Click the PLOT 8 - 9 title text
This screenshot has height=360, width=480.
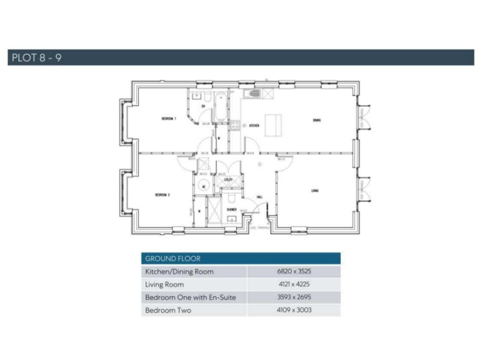click(x=36, y=58)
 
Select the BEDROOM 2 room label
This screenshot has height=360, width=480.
click(x=162, y=195)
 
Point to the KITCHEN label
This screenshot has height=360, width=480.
click(x=254, y=126)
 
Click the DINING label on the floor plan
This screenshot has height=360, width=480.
click(x=317, y=121)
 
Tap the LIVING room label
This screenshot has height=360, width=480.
click(x=314, y=191)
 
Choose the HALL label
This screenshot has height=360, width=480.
click(x=259, y=196)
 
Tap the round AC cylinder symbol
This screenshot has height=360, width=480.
click(x=204, y=186)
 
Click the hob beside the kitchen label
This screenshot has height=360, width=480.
click(x=235, y=125)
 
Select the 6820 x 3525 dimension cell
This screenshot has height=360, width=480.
click(x=293, y=272)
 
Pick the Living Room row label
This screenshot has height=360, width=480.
click(x=164, y=284)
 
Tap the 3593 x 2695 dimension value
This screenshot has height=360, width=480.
click(x=293, y=297)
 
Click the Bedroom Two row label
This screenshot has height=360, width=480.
click(x=168, y=310)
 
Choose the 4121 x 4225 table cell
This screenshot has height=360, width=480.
click(x=293, y=284)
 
